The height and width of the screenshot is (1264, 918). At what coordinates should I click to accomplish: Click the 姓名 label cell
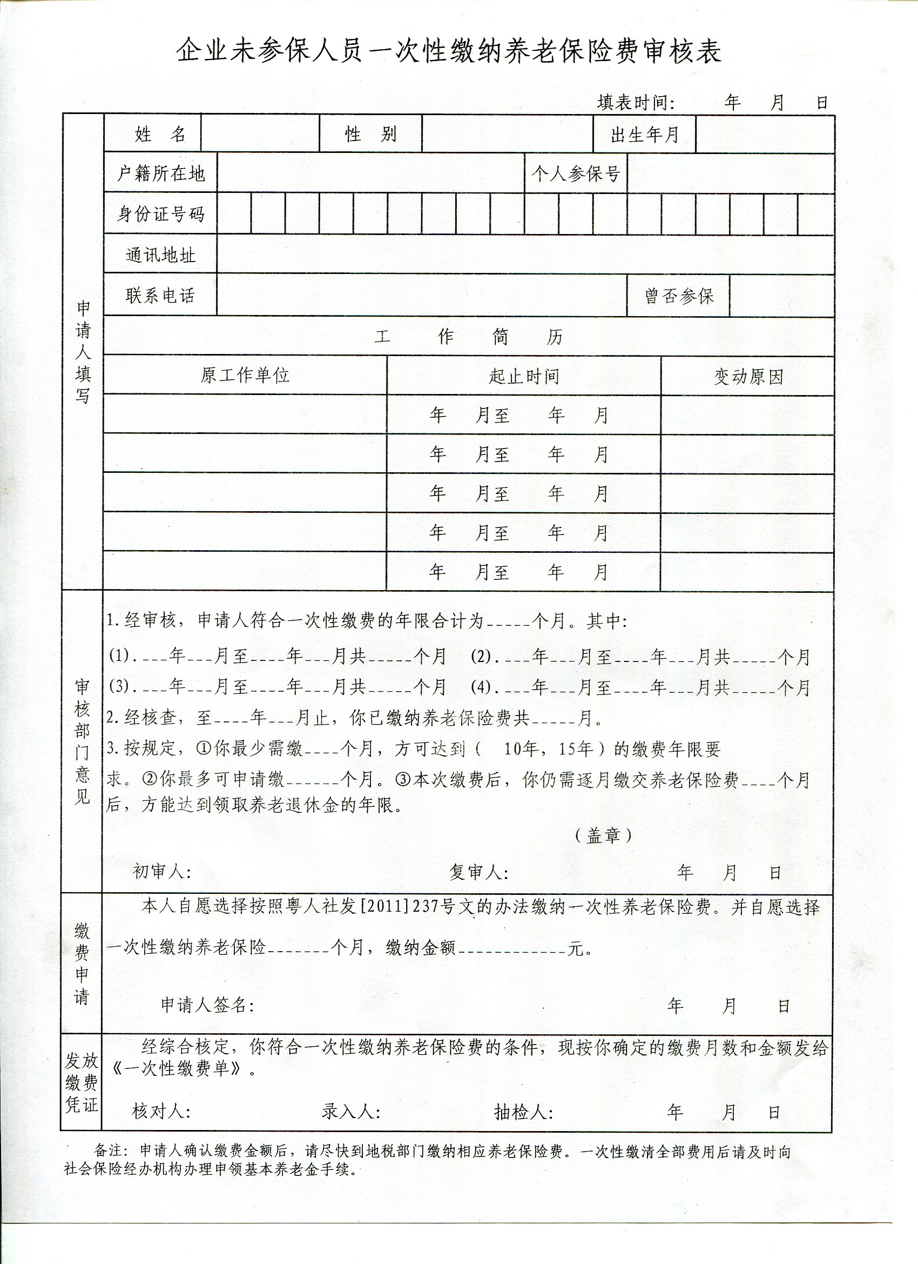click(160, 135)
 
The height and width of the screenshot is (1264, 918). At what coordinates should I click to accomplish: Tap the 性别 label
click(370, 135)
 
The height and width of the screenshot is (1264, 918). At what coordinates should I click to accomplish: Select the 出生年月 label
click(645, 135)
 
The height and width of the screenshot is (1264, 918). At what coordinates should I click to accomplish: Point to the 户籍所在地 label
click(160, 174)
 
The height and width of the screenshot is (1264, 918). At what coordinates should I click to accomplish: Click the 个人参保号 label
click(576, 175)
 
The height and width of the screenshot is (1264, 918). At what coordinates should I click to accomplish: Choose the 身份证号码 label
click(160, 213)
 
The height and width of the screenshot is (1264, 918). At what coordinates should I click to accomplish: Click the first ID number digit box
click(234, 213)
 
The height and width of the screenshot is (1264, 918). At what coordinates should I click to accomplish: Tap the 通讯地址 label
click(160, 255)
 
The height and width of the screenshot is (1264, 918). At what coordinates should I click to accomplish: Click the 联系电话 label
click(160, 296)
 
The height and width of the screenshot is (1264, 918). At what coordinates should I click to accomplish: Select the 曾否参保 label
click(679, 296)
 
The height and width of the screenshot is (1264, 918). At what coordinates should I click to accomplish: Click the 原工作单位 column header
click(245, 375)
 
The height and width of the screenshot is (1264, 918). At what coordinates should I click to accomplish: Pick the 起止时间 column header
click(524, 376)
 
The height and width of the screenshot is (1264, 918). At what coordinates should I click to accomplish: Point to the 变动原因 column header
click(748, 377)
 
